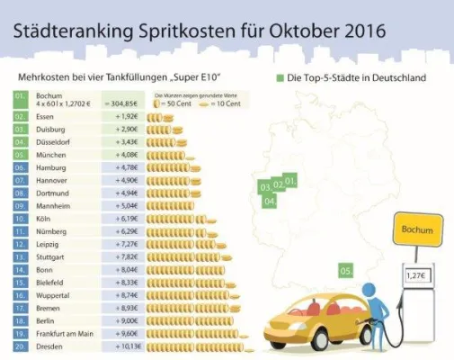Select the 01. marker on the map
click(x=290, y=183)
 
